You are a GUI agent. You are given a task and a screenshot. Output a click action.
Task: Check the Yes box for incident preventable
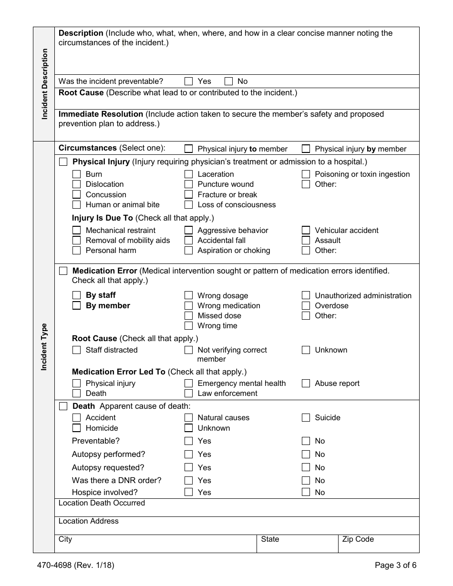[189, 81]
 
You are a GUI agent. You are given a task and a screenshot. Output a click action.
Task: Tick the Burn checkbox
[76, 174]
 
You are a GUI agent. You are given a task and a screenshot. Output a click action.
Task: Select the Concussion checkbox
[76, 194]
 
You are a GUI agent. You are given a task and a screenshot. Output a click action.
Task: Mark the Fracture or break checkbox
[189, 194]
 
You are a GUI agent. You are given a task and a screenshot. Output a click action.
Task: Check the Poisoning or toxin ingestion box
[306, 174]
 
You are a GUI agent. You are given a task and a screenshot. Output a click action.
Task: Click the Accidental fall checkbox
[189, 240]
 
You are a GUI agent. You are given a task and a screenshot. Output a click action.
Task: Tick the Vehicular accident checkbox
[306, 230]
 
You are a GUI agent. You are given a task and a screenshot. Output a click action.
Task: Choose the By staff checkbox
[76, 295]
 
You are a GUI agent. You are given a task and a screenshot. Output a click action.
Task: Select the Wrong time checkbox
[189, 326]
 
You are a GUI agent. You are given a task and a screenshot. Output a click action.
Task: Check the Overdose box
[306, 305]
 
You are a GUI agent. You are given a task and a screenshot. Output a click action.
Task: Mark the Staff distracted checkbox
[76, 350]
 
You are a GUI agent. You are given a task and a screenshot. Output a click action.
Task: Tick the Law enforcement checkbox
[189, 394]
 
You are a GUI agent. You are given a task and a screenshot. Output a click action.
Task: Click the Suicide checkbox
[306, 418]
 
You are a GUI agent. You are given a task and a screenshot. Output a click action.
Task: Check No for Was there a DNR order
[306, 480]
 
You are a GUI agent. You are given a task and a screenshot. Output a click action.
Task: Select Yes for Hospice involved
[189, 492]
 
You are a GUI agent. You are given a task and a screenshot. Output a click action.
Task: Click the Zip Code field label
[358, 539]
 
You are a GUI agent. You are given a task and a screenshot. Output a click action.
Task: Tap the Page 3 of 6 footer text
[395, 566]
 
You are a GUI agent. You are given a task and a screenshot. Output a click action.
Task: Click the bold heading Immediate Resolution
[101, 114]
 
